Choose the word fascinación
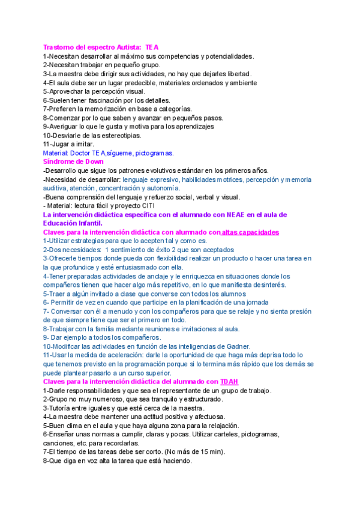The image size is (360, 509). pyautogui.click(x=107, y=100)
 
